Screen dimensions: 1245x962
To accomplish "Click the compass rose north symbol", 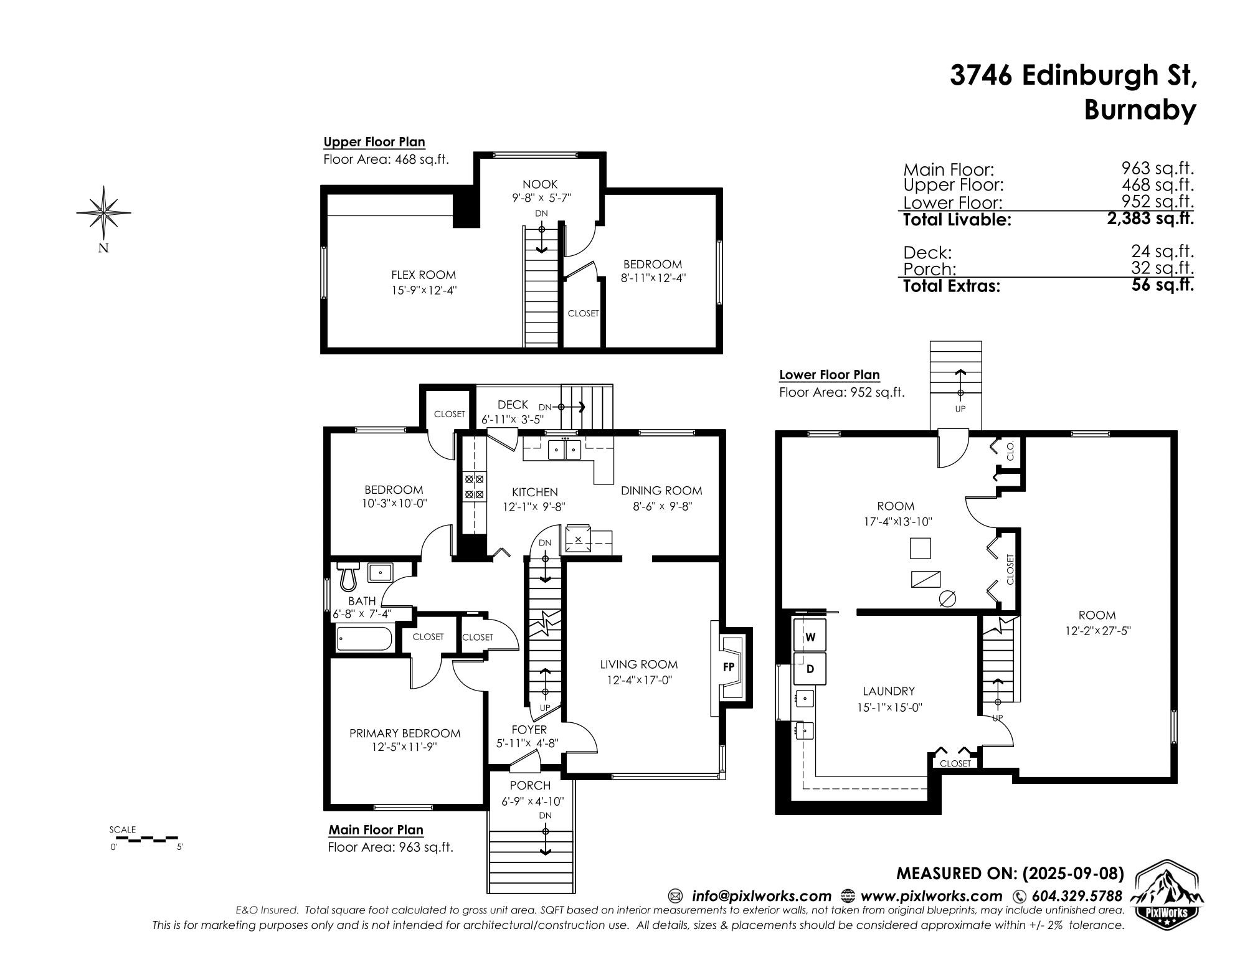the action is pos(104,213).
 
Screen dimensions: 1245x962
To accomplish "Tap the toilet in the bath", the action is pos(348,576).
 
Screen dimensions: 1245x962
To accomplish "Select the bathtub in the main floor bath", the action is pos(364,639).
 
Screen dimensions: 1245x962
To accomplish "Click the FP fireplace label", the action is pos(728,667).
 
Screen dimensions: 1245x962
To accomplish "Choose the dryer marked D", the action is pos(810,669).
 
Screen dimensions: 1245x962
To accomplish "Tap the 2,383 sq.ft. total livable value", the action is pos(1150,219).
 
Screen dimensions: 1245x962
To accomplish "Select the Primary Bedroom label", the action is pos(405,733).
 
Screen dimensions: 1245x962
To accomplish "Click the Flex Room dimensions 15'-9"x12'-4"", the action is pos(424,290).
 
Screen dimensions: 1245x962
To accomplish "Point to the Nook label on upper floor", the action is pos(540,184).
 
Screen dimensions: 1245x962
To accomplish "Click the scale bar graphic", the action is pos(147,838).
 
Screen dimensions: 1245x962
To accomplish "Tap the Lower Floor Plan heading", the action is pos(830,375).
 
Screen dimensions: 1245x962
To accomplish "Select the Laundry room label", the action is pos(889,691).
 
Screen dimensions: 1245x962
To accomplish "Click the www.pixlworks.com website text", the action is pos(931,896).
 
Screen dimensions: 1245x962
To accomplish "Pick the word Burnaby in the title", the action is pos(1140,111).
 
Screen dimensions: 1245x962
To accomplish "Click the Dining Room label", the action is pos(661,491).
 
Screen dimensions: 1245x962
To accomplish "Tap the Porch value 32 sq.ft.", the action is pos(1162,268).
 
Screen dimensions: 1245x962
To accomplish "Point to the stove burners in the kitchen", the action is pos(474,487).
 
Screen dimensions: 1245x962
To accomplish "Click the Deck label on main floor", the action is pos(513,405).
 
